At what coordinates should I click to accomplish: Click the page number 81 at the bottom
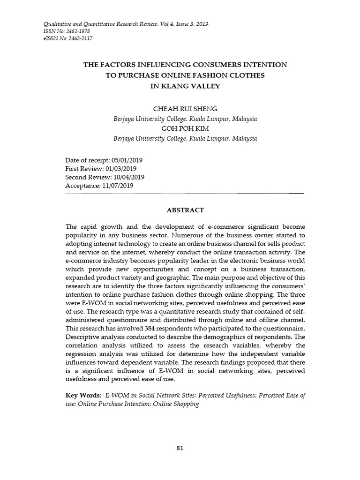180,448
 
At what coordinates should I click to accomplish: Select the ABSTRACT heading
185,210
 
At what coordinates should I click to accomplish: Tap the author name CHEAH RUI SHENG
185,109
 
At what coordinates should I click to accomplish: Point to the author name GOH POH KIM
185,129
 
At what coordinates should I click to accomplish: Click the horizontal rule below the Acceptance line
185,193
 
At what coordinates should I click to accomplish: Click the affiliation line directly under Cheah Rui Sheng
185,119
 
